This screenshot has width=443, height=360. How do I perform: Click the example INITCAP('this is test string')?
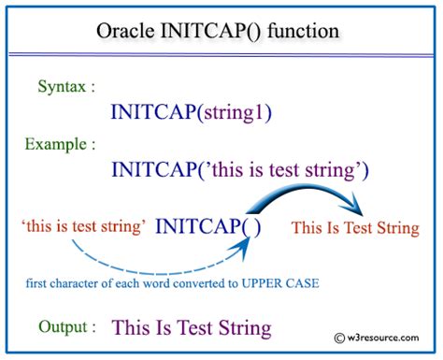pos(240,170)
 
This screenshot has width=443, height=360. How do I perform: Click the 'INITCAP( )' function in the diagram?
pos(207,226)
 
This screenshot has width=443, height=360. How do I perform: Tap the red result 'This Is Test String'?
pos(355,228)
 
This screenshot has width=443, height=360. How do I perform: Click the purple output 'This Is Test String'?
pos(192,328)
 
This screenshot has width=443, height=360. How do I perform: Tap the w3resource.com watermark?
pos(383,339)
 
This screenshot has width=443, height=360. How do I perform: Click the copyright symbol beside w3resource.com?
pos(337,339)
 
